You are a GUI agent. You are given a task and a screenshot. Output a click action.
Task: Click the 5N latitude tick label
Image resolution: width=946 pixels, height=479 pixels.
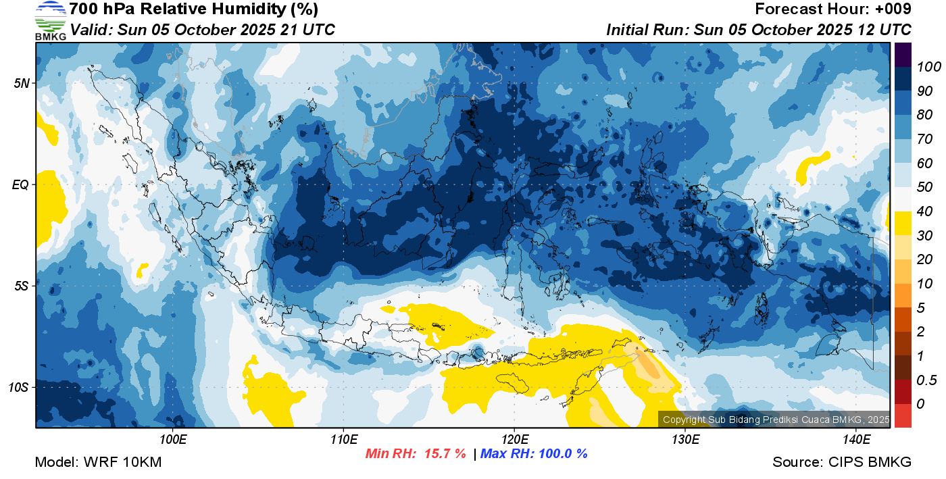[x=22, y=83]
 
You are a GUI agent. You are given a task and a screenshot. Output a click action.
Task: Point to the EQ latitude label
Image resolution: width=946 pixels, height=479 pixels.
[x=20, y=184]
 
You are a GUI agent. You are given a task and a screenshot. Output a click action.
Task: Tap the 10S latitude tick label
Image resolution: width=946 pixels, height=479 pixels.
[x=18, y=387]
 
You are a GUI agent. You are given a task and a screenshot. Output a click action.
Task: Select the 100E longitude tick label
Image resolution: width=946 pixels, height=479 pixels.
[x=173, y=439]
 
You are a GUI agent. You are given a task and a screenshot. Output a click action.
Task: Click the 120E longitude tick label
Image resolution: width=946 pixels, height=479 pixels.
[x=514, y=439]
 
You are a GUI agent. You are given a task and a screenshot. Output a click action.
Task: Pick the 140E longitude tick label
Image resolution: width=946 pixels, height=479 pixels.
[x=857, y=439]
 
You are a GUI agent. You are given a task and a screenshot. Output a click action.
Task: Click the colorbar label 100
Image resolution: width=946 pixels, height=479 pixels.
[x=928, y=67]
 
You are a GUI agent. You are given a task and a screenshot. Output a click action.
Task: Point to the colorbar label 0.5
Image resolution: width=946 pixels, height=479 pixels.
[x=926, y=380]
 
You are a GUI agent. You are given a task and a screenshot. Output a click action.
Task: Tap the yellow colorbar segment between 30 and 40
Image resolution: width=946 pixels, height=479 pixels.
[x=903, y=224]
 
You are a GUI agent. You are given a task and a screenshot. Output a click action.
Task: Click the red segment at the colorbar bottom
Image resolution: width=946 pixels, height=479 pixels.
[x=903, y=415]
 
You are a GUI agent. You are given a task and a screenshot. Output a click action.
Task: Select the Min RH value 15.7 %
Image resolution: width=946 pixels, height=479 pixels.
[x=445, y=453]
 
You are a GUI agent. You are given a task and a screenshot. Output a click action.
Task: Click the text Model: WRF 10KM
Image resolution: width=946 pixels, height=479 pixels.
[x=98, y=462]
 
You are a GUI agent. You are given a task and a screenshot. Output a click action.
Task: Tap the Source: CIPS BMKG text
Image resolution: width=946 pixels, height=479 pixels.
[x=842, y=462]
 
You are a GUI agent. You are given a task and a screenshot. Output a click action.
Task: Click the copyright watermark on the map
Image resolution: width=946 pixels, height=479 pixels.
[x=776, y=420]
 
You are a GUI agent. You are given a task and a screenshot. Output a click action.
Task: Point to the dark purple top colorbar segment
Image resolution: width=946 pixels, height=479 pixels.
[x=903, y=55]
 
